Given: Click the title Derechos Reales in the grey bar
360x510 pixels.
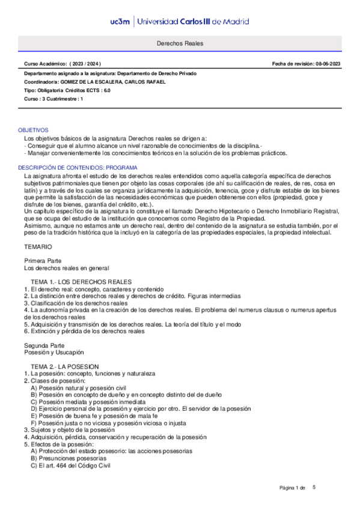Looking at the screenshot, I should (x=180, y=44).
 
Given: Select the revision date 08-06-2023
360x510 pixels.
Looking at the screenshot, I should (x=326, y=63).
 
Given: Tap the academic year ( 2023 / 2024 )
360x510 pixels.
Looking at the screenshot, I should (x=87, y=63).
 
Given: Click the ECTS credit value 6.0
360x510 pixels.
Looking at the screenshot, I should (x=106, y=90).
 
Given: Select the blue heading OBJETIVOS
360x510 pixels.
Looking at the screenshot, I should (x=33, y=130).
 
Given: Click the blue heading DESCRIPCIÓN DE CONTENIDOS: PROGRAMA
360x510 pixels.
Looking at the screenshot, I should (x=78, y=167).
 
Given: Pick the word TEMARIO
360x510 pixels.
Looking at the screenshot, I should (x=38, y=247).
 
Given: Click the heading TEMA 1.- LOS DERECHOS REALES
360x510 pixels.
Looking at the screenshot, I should (x=81, y=282).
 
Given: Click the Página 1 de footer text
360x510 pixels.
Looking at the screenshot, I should (x=293, y=487).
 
